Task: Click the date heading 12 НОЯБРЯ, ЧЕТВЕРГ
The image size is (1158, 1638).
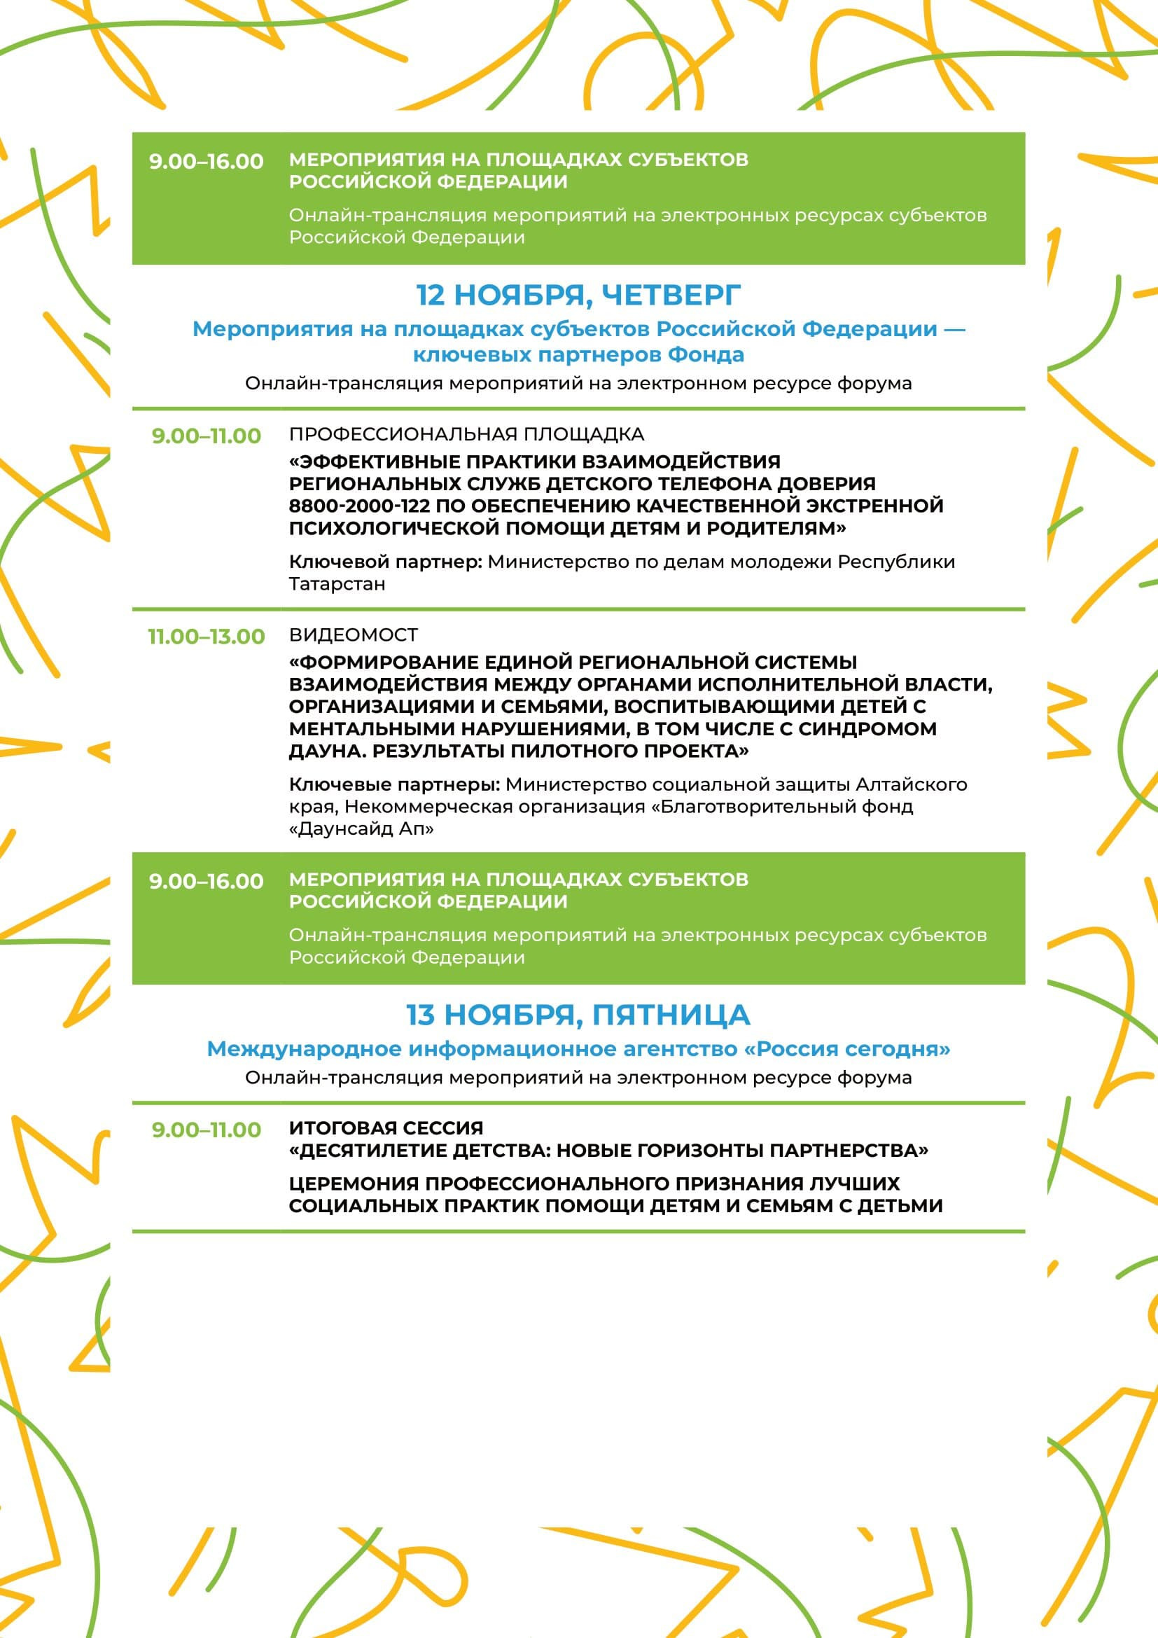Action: pos(578,295)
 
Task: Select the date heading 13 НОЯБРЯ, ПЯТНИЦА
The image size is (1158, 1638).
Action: pos(578,1015)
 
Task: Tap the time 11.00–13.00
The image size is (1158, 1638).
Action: pos(206,637)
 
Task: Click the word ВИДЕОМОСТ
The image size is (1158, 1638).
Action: pos(354,635)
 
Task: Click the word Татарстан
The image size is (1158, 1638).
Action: pos(337,584)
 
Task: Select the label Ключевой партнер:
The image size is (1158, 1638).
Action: pos(386,562)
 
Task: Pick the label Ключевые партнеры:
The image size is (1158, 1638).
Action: pos(394,785)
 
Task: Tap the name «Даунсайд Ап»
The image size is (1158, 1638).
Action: pos(361,829)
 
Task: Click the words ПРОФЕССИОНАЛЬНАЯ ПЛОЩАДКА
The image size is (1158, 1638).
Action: pos(466,434)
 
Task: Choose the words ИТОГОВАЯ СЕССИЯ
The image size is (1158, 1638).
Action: pos(386,1128)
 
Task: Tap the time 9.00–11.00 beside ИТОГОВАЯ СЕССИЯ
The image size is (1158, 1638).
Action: pos(206,1130)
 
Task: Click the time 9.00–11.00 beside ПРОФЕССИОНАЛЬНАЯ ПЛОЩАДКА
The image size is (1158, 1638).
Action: pos(206,436)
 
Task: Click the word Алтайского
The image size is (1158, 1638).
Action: pos(912,785)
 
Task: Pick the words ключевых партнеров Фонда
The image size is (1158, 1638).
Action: pos(578,354)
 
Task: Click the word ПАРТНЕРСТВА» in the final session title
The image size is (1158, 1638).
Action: pos(849,1150)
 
